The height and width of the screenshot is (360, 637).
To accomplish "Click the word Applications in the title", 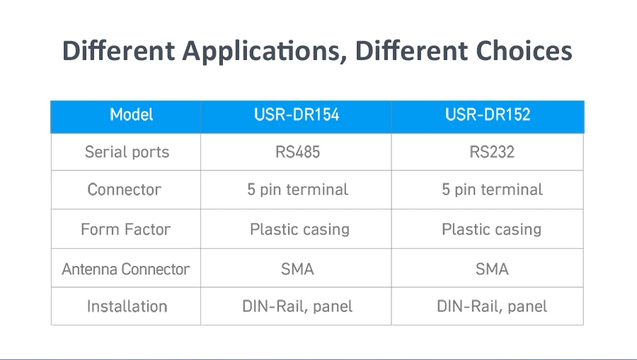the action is (x=264, y=51).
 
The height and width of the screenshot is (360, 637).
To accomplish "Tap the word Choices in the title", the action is (x=524, y=51).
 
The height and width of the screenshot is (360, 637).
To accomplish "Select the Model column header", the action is (x=132, y=115).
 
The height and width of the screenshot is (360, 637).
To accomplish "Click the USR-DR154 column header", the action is (x=297, y=115).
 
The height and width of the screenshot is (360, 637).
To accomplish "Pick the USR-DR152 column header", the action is (x=488, y=115).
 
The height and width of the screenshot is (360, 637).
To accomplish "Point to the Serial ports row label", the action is (x=127, y=152).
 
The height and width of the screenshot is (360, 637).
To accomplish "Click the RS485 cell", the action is (x=298, y=152).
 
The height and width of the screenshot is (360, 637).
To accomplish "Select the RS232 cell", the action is (x=492, y=152).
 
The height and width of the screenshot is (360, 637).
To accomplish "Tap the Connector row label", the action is (x=125, y=190).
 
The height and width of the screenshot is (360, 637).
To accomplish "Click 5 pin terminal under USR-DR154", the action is (x=297, y=190).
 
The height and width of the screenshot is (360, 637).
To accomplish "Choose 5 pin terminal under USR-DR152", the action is (x=492, y=190).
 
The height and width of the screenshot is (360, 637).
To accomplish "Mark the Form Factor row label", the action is (x=125, y=229).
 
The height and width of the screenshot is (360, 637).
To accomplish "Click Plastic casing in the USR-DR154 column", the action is (x=299, y=230).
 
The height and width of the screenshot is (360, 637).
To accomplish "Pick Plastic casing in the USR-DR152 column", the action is (x=492, y=230).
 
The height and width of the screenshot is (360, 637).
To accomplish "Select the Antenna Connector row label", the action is (x=125, y=269).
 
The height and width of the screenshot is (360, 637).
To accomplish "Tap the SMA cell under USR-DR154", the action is (x=297, y=269).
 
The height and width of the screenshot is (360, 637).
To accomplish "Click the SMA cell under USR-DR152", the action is (x=492, y=269).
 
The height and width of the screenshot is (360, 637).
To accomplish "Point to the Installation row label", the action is (x=127, y=306).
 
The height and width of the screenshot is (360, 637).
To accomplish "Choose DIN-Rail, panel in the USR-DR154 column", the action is (x=297, y=306).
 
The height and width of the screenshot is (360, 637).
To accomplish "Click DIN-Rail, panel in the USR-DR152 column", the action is (x=492, y=306).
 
